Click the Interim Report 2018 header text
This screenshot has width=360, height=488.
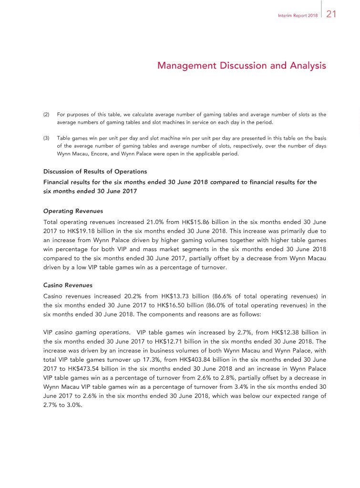pos(298,15)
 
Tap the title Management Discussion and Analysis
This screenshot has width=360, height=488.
pos(241,66)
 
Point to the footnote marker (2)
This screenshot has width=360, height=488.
pos(47,114)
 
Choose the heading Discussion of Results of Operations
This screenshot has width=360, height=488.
pos(95,172)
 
